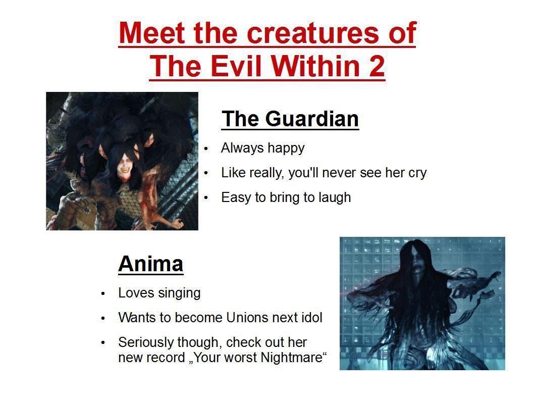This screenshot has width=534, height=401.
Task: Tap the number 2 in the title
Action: click(377, 66)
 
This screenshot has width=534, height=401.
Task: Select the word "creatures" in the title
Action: click(313, 33)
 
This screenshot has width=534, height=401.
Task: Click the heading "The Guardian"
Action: click(290, 119)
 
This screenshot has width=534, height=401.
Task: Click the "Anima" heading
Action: click(151, 264)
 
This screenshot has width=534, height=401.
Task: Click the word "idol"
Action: click(312, 318)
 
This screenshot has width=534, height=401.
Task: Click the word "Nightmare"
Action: click(291, 358)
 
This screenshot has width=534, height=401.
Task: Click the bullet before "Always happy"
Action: click(206, 148)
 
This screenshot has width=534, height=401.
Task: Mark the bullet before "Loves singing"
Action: click(103, 293)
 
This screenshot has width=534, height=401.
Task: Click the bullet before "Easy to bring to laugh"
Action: click(206, 198)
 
